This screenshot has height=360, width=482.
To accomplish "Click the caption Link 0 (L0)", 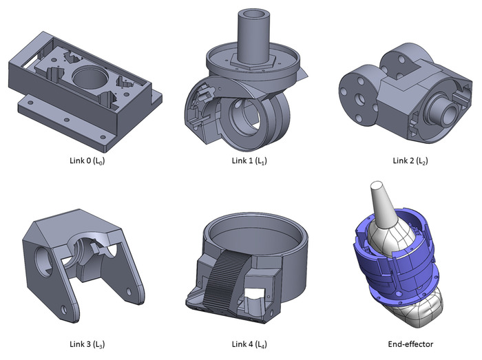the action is pos(87,160).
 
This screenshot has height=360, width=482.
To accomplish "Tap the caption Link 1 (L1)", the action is pos(249,160).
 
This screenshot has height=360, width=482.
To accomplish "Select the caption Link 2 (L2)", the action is pos(410,160).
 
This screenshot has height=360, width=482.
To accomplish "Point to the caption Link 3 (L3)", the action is pos(87,344).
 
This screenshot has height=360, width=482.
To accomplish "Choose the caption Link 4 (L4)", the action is pos(249,344).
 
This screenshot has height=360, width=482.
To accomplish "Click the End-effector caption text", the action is pos(410,344).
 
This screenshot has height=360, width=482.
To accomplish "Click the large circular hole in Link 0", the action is pos(90,77).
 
